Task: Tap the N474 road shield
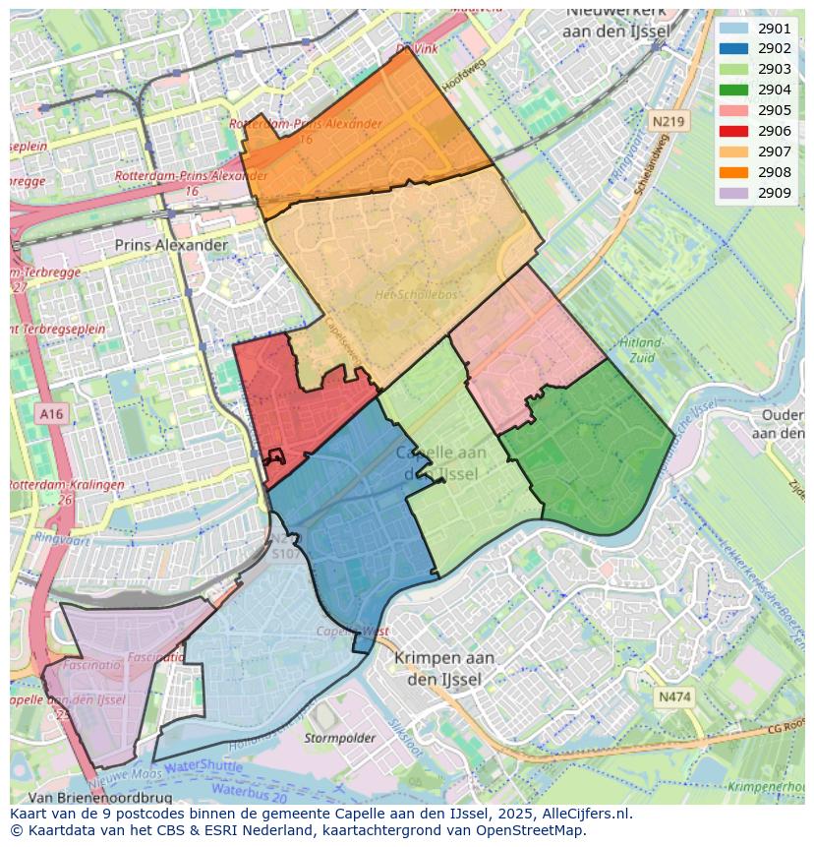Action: coord(674,696)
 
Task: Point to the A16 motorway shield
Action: coord(51,414)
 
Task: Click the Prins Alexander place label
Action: coord(171,245)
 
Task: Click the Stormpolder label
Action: coord(340,738)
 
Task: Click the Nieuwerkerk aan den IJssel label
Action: coord(616,22)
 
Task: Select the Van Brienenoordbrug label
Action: coord(100,798)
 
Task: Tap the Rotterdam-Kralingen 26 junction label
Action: coord(67,492)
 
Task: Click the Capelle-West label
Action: coord(353,631)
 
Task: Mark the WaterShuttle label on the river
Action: coord(203,765)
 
